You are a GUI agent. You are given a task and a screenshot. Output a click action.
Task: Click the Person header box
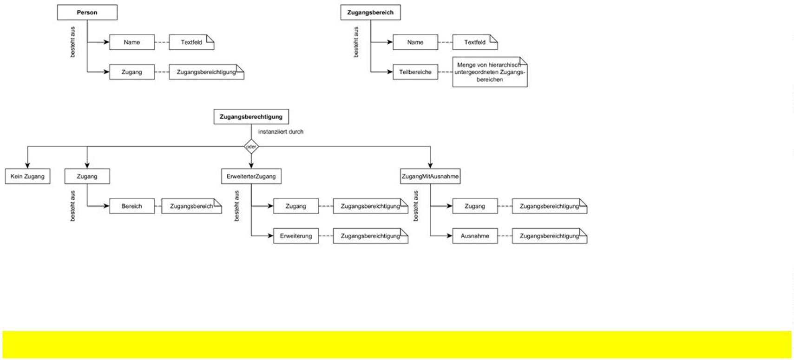[87, 13]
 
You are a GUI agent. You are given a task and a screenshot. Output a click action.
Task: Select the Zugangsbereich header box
[370, 13]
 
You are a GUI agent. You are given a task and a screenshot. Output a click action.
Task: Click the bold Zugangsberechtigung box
[251, 117]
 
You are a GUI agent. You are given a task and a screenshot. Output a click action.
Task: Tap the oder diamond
[251, 147]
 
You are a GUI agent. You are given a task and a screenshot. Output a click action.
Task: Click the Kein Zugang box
[27, 177]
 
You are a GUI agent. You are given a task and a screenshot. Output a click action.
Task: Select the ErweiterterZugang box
[251, 177]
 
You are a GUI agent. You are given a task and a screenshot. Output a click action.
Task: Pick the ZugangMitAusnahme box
[430, 177]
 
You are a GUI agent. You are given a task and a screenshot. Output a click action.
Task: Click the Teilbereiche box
[415, 72]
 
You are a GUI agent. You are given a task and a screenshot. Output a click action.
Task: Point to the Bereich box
[131, 206]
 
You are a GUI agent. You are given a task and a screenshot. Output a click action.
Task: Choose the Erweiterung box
[295, 236]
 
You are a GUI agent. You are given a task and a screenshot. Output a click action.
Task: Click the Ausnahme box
[474, 236]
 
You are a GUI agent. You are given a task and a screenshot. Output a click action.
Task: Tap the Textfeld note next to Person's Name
[191, 42]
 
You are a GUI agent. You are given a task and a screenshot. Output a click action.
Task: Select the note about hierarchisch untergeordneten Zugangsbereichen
[490, 72]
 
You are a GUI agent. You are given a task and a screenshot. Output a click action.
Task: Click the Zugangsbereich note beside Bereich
[191, 206]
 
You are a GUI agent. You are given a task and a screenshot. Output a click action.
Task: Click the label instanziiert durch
[281, 132]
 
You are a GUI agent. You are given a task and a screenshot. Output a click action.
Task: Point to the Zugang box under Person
[131, 72]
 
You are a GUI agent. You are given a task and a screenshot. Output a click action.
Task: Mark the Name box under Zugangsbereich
[415, 42]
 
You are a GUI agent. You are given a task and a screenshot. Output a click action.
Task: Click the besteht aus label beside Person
[72, 42]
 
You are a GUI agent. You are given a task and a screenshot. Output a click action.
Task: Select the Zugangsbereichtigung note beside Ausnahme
[549, 236]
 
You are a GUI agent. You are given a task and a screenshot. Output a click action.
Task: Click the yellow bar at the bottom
[397, 344]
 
